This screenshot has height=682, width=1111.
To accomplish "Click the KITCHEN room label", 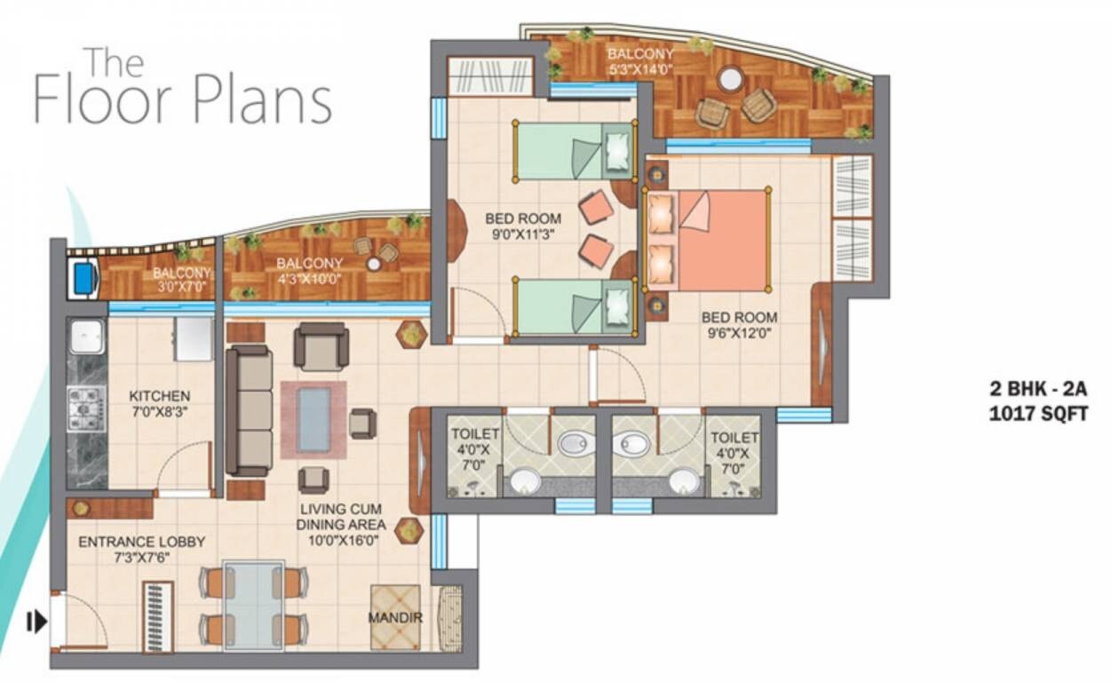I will pyautogui.click(x=159, y=396).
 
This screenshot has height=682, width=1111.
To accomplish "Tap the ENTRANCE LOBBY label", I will pyautogui.click(x=141, y=542).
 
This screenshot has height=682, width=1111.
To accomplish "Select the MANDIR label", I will pyautogui.click(x=396, y=617).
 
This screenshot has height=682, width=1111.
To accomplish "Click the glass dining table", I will pyautogui.click(x=254, y=604).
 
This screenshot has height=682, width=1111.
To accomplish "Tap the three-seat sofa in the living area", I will pyautogui.click(x=250, y=409).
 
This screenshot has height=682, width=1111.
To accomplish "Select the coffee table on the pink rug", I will pyautogui.click(x=313, y=419).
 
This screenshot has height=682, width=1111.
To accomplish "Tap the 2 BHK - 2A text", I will pyautogui.click(x=1038, y=388).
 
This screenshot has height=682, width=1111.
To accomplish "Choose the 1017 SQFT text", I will pyautogui.click(x=1038, y=413).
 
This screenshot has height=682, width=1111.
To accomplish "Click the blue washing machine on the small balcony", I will pyautogui.click(x=83, y=279).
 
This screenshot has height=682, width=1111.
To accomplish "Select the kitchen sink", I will pyautogui.click(x=87, y=336).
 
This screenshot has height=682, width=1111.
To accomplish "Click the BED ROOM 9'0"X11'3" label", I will pyautogui.click(x=523, y=226).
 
